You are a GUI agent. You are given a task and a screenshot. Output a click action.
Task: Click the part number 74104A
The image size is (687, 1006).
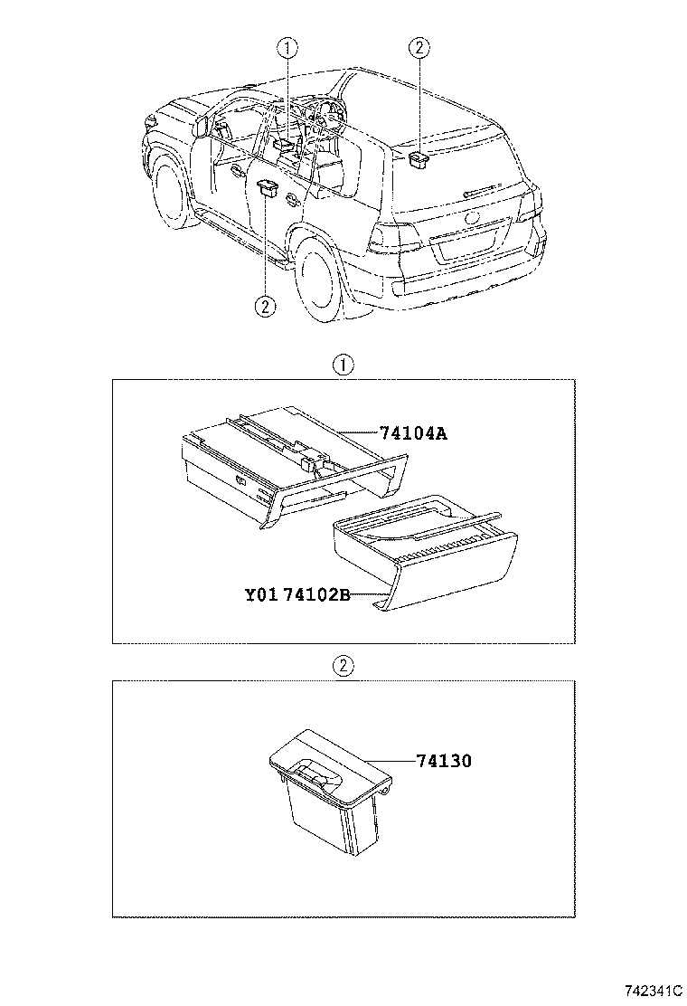411,433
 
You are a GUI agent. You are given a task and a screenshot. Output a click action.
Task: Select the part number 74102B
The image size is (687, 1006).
316,595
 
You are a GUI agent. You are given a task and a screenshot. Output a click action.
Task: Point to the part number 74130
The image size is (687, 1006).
444,761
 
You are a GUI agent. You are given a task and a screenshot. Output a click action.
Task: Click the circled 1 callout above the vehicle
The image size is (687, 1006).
286,47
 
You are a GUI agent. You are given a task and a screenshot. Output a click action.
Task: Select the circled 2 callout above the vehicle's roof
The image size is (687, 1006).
419,47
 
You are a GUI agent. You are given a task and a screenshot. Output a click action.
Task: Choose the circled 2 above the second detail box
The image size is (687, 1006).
343,666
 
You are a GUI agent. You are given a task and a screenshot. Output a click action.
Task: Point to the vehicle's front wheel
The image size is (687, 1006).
171,194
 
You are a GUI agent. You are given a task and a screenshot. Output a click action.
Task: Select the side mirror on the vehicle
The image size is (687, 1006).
201,125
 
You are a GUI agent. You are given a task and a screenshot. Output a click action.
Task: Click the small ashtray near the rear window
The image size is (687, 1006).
419,160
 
